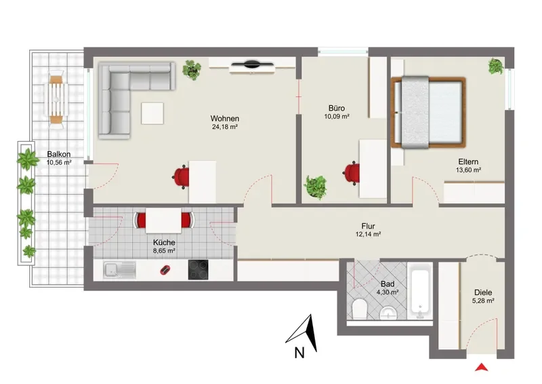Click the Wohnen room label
click(225, 119)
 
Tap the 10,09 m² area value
click(337, 117)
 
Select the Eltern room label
click(468, 161)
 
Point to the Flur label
click(368, 226)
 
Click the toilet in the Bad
click(360, 309)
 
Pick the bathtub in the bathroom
click(419, 291)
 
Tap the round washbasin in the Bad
click(390, 313)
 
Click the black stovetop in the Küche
click(199, 270)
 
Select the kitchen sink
click(119, 270)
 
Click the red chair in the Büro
click(352, 173)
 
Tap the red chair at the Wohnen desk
click(181, 177)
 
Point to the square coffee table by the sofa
click(152, 113)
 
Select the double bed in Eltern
click(429, 113)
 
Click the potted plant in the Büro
click(316, 187)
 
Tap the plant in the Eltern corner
click(496, 66)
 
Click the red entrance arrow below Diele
click(481, 367)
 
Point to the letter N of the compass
click(299, 353)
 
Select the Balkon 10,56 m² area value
click(60, 162)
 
